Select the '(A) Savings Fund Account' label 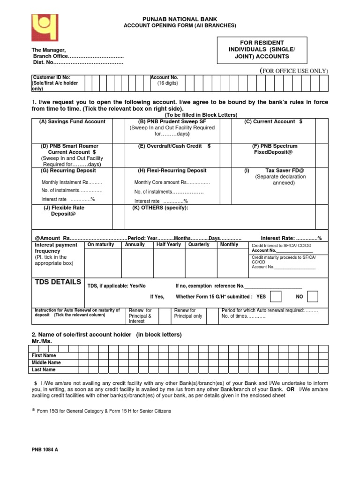(73, 122)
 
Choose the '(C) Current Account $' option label (273, 122)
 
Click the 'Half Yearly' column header (168, 245)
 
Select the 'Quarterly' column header (199, 245)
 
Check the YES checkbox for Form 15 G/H (277, 297)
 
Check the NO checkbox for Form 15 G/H (313, 297)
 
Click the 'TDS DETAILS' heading (58, 282)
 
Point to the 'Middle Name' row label (46, 363)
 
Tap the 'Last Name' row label (43, 370)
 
